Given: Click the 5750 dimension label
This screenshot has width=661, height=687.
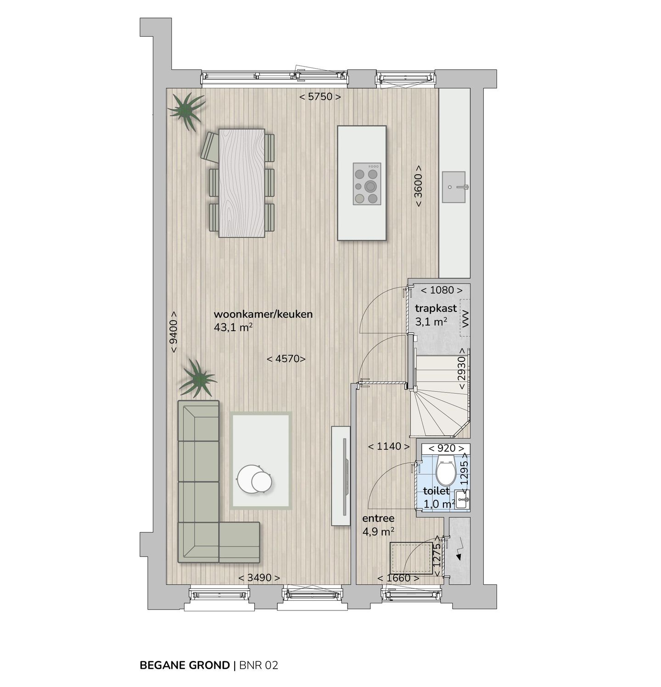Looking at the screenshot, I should (x=320, y=97).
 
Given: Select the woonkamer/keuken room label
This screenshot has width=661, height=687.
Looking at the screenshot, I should (x=263, y=314).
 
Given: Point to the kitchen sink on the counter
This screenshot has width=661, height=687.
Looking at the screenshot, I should (x=454, y=187).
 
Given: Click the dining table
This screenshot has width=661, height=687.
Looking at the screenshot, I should (x=242, y=183).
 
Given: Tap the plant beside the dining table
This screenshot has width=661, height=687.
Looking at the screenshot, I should (x=186, y=110).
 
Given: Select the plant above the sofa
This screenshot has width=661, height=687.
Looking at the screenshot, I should (x=197, y=378).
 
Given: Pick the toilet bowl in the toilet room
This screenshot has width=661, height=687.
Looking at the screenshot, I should (x=445, y=471).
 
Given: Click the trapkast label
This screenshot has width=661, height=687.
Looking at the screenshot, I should (x=436, y=308).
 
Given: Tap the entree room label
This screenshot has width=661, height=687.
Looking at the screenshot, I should (x=378, y=519).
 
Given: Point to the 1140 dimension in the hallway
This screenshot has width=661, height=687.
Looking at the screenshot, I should (x=389, y=446).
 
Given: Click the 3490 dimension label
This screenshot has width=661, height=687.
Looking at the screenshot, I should (x=259, y=578).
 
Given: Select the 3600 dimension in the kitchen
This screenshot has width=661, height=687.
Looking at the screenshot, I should (x=419, y=186).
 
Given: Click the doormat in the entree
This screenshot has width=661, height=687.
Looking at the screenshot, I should (x=411, y=558).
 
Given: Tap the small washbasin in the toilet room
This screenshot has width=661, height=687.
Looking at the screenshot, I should (x=462, y=499).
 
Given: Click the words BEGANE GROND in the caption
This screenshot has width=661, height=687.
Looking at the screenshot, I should (x=185, y=665).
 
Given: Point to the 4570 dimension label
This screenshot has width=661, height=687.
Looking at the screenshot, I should (x=286, y=359).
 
